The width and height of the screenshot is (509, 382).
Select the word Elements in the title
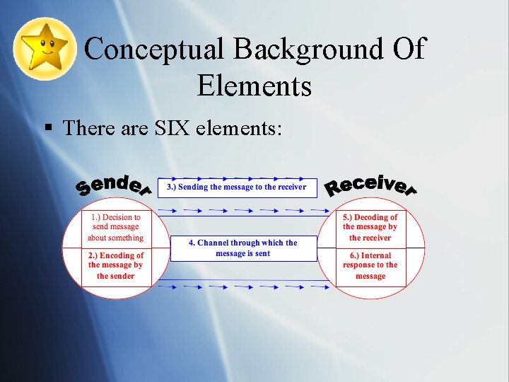pos(255,86)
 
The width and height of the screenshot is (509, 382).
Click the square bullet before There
pos(48,129)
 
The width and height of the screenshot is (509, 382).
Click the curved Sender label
pos(114,185)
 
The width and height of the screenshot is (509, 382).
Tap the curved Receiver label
pos(370,185)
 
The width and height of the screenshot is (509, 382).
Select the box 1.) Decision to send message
pos(116,228)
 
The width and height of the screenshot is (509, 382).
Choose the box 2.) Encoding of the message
pos(116,266)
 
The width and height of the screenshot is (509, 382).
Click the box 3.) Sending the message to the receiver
pos(237,187)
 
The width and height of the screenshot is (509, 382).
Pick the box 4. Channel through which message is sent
pos(243,248)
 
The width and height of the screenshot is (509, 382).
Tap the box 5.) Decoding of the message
pos(370,228)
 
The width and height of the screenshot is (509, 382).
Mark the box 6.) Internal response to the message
pos(370,266)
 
